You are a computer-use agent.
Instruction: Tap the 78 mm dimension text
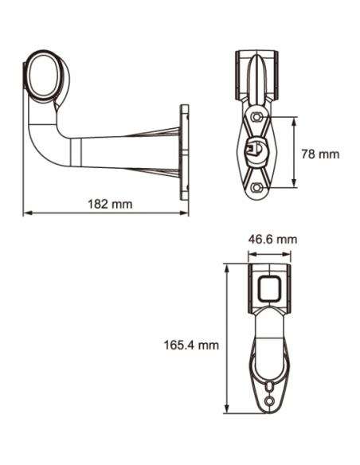click(x=323, y=153)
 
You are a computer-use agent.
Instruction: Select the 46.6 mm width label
click(x=272, y=239)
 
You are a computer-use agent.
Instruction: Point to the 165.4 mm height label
click(x=190, y=345)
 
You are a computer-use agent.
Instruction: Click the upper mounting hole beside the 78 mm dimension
click(x=256, y=117)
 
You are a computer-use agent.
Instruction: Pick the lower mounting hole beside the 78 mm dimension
click(x=256, y=187)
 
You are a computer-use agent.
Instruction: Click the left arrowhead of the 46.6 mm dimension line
click(x=252, y=253)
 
